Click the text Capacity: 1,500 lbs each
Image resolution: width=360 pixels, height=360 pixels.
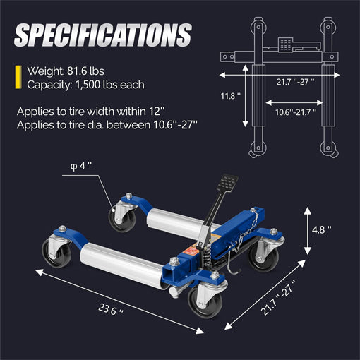click(85, 85)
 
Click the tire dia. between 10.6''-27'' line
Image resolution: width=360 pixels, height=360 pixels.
click(107, 125)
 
